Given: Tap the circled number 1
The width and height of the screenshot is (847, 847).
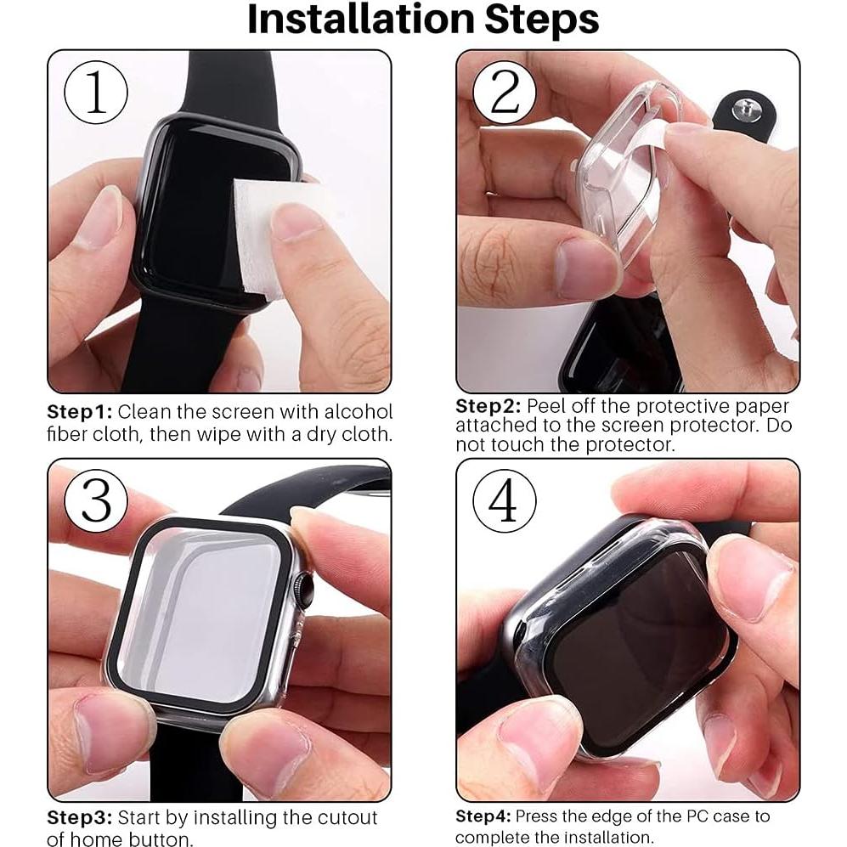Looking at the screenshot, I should pyautogui.click(x=96, y=93).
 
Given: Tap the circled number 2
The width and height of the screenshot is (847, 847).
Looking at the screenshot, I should pyautogui.click(x=504, y=93).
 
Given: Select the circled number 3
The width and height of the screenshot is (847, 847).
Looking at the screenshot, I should pyautogui.click(x=96, y=501).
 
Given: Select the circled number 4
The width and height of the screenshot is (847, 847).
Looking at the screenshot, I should pyautogui.click(x=504, y=501).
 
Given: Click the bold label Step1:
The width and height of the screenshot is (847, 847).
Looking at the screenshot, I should pyautogui.click(x=78, y=412).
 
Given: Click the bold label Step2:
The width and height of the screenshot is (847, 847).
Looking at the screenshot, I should pyautogui.click(x=488, y=406).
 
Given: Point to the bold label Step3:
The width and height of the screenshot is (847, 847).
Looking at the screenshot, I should pyautogui.click(x=78, y=818).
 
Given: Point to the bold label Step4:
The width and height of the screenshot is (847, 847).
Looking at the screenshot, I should pyautogui.click(x=483, y=816).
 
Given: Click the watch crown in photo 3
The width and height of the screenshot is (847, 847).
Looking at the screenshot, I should pyautogui.click(x=302, y=587).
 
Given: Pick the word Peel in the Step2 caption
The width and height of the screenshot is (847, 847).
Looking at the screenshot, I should pyautogui.click(x=548, y=406).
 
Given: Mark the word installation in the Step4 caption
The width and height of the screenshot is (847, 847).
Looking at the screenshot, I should pyautogui.click(x=610, y=837).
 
